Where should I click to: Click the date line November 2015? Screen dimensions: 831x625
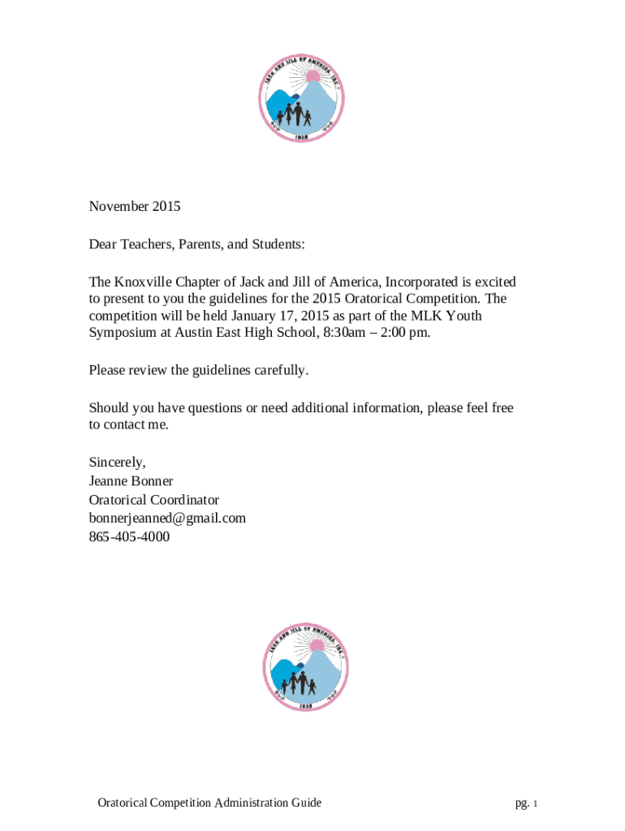click(x=135, y=206)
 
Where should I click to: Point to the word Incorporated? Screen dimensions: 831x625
click(x=421, y=282)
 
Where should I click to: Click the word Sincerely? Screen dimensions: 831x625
click(x=118, y=463)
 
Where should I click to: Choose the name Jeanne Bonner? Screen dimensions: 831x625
click(x=131, y=481)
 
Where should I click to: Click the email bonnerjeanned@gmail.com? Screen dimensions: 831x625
click(x=167, y=518)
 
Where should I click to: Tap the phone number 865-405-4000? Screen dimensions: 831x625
click(x=129, y=536)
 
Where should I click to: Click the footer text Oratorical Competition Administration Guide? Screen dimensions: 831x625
click(x=209, y=803)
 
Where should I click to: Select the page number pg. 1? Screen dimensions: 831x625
click(x=526, y=803)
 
